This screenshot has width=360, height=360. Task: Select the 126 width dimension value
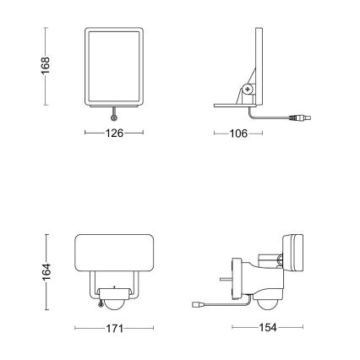tap(114, 133)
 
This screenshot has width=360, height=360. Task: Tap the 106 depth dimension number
tap(241, 133)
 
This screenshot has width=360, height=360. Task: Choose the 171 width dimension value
tap(115, 327)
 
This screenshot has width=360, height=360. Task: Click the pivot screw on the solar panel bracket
tap(248, 88)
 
